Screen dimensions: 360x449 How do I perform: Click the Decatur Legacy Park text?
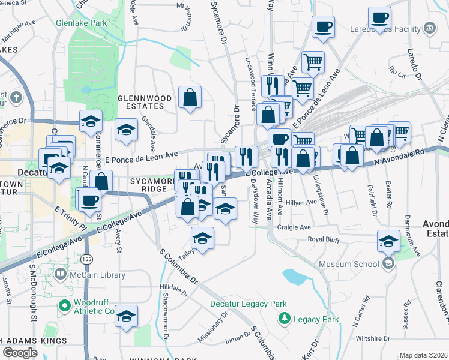241,304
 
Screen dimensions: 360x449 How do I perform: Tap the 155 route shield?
88,259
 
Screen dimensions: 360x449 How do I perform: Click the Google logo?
20,353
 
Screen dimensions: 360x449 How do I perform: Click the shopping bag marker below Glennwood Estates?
190,97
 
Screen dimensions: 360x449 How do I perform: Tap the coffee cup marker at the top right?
379,18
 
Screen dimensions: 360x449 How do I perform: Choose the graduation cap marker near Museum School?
388,241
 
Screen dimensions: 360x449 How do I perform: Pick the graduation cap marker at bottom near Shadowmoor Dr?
126,316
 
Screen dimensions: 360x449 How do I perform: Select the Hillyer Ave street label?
303,203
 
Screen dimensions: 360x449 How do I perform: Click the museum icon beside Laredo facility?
429,28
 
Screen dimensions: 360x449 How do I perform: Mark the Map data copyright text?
423,355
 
